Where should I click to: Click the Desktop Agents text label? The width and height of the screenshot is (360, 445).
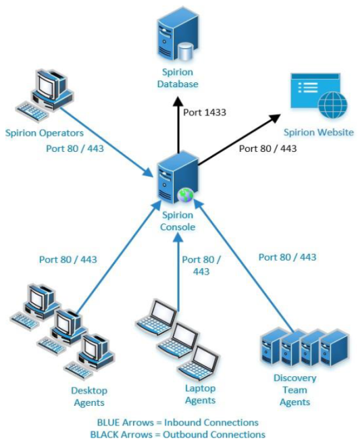point(88,396)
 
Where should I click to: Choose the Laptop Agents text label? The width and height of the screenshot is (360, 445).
point(200,394)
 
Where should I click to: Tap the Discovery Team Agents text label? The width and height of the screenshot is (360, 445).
point(295,390)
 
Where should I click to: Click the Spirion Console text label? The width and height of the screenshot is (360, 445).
point(178,221)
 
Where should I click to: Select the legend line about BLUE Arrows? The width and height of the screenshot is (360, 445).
point(178,422)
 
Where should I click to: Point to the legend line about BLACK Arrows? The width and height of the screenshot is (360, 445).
point(178,434)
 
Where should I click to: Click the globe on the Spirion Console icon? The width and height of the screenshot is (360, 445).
point(186,195)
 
